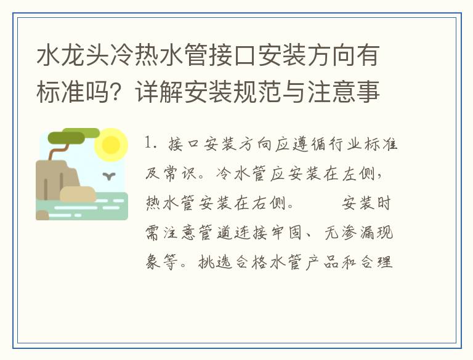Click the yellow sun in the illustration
point(111,145)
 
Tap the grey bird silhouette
point(109,176)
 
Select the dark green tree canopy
point(67,137)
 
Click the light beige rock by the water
point(78,194)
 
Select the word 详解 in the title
point(159,91)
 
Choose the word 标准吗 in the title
point(73,91)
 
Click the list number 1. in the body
point(150,143)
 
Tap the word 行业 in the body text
point(345,144)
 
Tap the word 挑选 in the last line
point(215,262)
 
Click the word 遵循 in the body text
point(309,144)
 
